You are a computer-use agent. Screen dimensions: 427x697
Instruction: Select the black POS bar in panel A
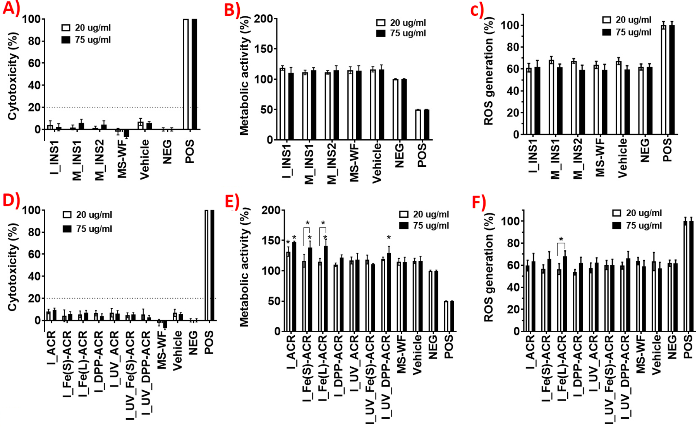(194, 73)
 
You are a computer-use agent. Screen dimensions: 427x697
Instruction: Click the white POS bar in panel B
(418, 125)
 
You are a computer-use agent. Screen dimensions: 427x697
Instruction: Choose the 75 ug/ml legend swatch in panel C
(606, 32)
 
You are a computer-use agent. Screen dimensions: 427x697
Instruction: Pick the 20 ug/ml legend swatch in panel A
(66, 28)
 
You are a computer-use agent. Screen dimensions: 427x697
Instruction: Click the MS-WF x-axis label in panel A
(122, 159)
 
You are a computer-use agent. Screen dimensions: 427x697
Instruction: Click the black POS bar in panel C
(672, 80)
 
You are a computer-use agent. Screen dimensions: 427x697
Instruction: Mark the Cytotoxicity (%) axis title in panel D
(13, 267)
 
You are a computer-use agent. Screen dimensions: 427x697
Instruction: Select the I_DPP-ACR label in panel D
(99, 362)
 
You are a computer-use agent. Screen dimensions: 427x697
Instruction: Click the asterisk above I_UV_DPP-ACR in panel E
(389, 238)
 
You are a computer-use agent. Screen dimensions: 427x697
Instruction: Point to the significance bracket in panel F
(561, 244)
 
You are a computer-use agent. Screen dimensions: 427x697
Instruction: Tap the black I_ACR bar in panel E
(294, 287)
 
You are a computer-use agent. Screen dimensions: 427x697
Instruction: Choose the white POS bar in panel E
(446, 316)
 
